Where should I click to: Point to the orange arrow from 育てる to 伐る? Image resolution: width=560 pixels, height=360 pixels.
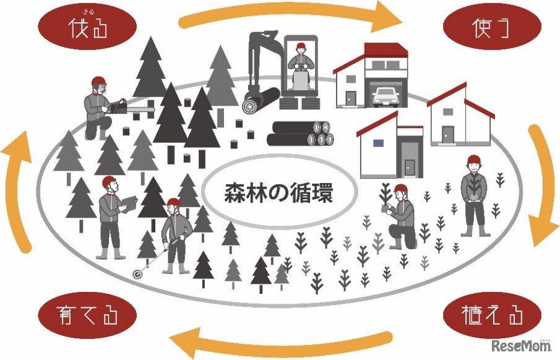click(x=24, y=186)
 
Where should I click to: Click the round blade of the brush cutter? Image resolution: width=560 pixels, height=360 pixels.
click(x=136, y=273)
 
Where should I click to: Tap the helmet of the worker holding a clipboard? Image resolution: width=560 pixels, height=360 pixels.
click(x=109, y=182)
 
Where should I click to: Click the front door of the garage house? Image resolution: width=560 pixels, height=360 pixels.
click(x=351, y=97)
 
